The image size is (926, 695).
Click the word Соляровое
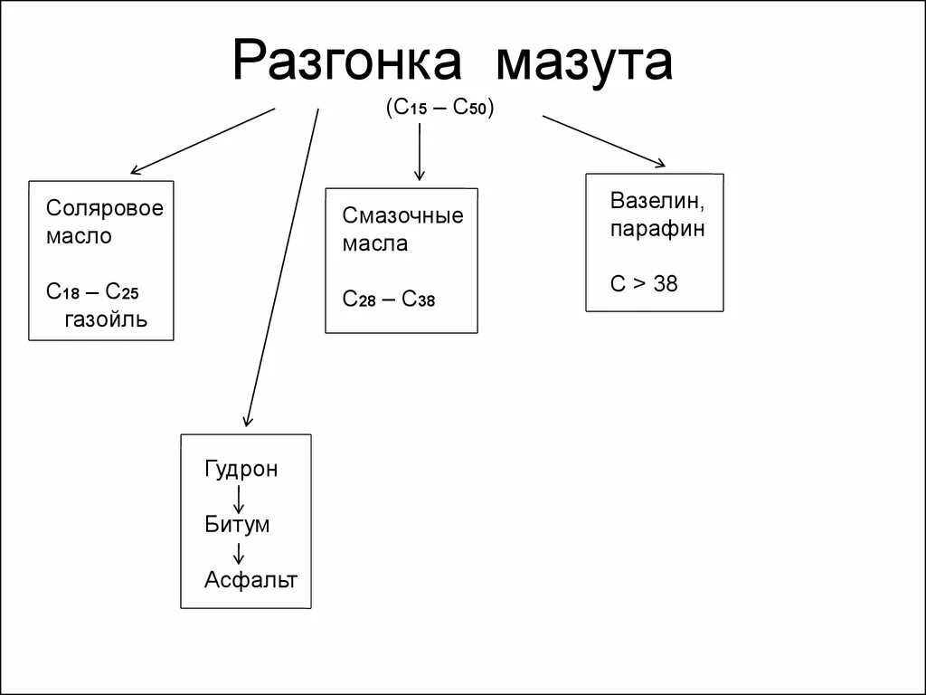pos(105,208)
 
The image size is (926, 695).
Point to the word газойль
pos(105,319)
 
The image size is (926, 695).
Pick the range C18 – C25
pos(93,291)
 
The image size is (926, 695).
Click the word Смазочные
pos(402,215)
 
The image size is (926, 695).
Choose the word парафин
pos(657,228)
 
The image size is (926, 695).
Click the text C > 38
pos(643,284)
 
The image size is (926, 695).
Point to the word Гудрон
pos(241,469)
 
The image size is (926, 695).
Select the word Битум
pos(237,524)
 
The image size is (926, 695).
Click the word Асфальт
pos(250,579)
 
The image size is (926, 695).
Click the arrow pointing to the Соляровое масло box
pos(203,140)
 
